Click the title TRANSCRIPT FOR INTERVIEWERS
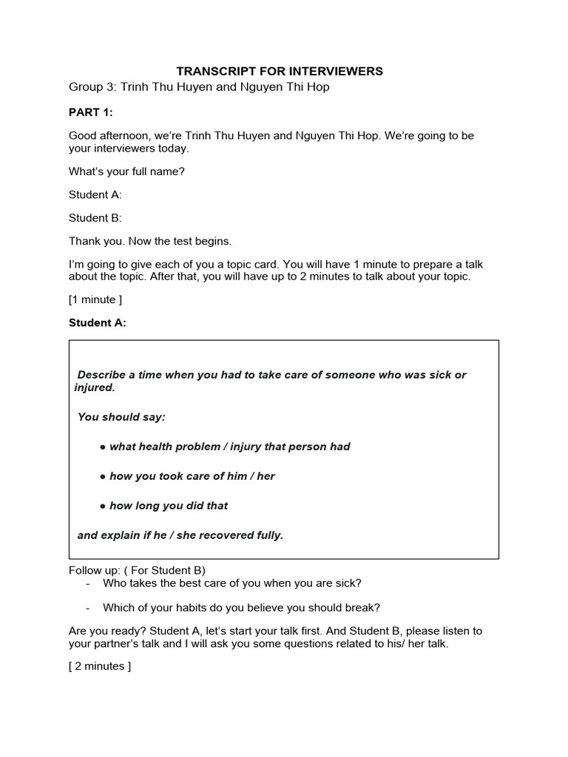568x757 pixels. tap(280, 71)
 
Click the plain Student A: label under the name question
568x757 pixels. tap(95, 194)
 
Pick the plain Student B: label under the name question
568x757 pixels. tap(95, 218)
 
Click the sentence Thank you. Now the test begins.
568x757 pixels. tap(150, 241)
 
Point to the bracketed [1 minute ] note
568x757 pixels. tap(95, 299)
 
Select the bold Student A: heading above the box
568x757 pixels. tap(98, 322)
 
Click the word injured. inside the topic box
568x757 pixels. tap(95, 387)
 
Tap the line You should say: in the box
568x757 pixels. tap(121, 417)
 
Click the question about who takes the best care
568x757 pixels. tap(231, 583)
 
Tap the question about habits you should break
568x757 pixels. tap(241, 608)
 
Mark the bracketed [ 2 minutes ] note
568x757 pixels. tap(100, 666)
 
